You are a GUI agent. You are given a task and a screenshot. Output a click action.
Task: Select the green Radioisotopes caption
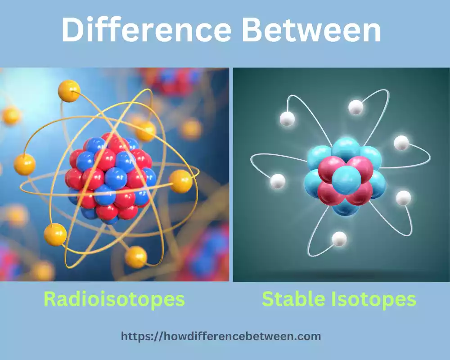114,299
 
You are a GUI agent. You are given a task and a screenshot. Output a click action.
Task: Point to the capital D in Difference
73,31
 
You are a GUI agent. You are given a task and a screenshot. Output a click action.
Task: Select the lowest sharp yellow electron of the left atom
136,257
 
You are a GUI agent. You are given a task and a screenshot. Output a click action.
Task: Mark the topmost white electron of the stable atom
355,107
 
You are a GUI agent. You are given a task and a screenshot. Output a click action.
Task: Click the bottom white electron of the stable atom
339,239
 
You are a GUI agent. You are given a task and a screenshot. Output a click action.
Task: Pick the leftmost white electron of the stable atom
278,181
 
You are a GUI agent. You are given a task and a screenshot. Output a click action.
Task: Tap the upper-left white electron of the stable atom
287,119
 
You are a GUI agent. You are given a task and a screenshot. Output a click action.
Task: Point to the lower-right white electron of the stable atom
403,198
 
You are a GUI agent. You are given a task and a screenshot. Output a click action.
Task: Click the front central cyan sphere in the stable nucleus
346,180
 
